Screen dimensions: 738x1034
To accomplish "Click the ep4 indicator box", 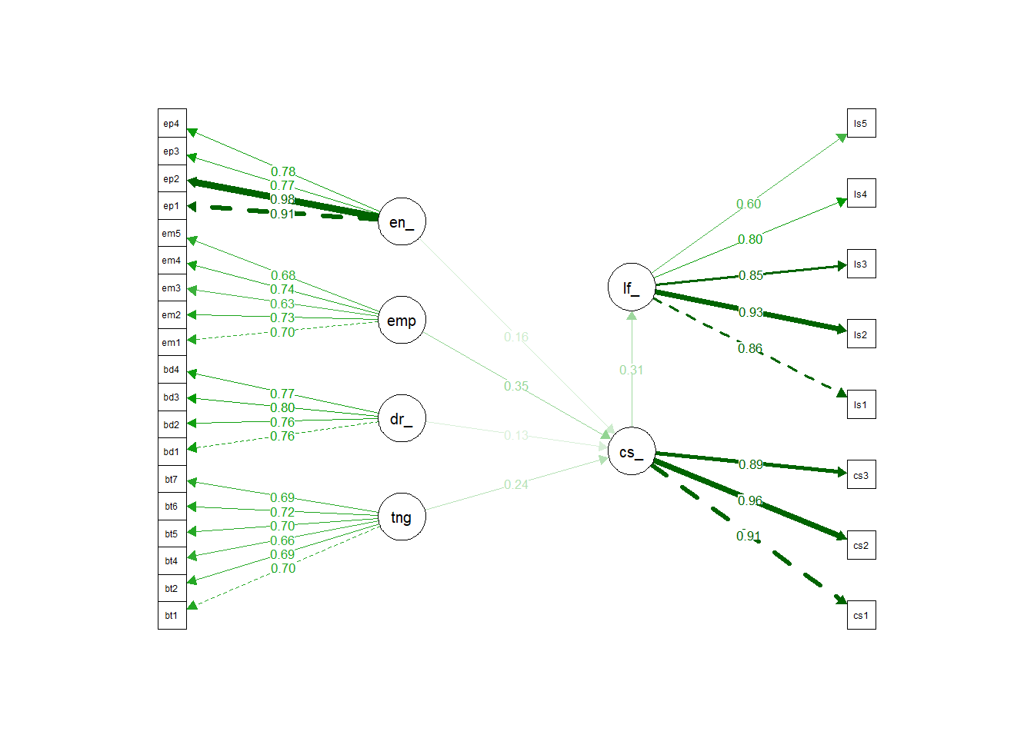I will (x=172, y=123).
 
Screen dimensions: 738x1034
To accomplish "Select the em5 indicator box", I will (x=172, y=233).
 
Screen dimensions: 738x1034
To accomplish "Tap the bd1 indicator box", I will (x=172, y=451).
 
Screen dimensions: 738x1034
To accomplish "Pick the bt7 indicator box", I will (x=172, y=479).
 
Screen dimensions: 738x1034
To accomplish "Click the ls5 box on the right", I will (x=861, y=123).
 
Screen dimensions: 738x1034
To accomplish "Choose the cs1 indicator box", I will (x=861, y=615).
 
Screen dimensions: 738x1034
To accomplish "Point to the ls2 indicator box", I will (x=861, y=334).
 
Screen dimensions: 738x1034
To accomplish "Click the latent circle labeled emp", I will (x=402, y=320).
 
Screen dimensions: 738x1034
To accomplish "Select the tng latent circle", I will (x=402, y=517).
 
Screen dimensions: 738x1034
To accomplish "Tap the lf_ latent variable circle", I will (x=631, y=288).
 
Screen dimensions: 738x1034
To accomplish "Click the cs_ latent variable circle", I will (x=631, y=451).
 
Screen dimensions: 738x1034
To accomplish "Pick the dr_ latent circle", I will (x=402, y=418).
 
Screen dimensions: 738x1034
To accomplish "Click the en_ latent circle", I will (x=402, y=221).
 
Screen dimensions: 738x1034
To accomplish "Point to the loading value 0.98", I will (x=282, y=200).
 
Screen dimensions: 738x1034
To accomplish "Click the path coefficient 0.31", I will (x=631, y=370).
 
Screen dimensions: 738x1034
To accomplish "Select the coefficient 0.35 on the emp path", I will (x=516, y=386).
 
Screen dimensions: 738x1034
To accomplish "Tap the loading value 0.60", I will (x=749, y=204).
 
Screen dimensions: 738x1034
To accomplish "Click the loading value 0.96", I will (x=750, y=500).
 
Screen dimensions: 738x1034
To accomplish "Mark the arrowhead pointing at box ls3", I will (x=842, y=266).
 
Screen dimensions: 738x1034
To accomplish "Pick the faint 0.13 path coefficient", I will (x=516, y=435).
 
